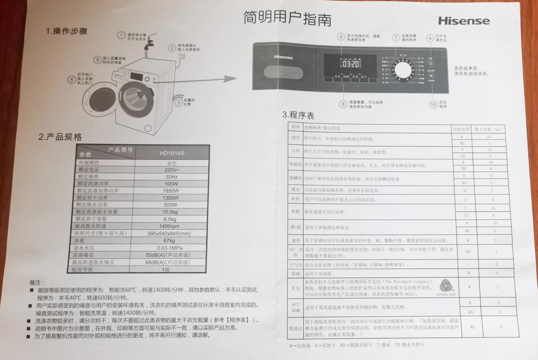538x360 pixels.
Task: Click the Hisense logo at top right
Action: click(464, 21)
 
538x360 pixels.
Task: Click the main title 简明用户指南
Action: click(287, 19)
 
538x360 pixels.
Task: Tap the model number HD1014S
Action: click(172, 153)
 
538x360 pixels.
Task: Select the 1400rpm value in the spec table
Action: click(169, 226)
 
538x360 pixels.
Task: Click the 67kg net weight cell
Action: click(169, 241)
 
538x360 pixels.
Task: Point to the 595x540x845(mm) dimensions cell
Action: click(169, 233)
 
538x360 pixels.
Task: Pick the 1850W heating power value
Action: click(171, 191)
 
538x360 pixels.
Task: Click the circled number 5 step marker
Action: click(72, 80)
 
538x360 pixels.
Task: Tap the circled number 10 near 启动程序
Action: click(433, 104)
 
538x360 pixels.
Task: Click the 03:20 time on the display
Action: click(351, 64)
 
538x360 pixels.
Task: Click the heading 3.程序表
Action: click(298, 115)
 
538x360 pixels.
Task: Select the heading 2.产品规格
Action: click(60, 137)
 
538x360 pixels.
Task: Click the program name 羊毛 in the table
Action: click(295, 288)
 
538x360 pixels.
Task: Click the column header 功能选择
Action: click(461, 129)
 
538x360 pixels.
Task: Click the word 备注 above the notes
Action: click(37, 283)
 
